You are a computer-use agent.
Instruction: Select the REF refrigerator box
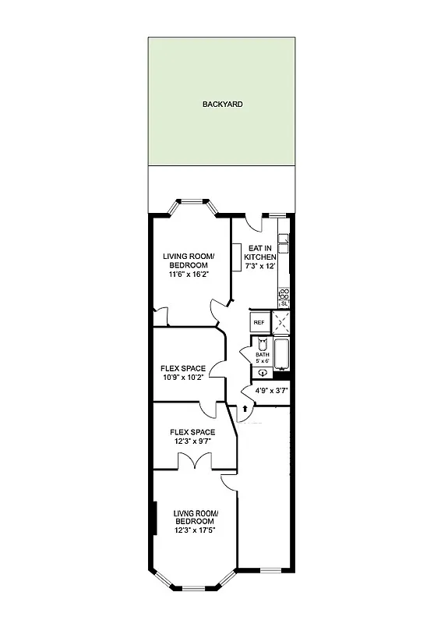tap(258, 322)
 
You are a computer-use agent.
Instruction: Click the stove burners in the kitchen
tap(284, 294)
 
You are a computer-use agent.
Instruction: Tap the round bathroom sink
tap(263, 372)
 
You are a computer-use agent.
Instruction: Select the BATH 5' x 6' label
tap(262, 357)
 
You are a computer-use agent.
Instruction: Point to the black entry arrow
tap(246, 406)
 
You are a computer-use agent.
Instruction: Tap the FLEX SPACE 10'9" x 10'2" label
tap(183, 373)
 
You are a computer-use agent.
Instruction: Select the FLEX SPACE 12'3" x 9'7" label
tap(192, 436)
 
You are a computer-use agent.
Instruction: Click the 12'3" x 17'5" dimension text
tap(195, 530)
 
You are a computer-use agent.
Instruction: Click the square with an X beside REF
tap(282, 321)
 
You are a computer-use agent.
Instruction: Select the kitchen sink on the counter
tap(283, 244)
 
